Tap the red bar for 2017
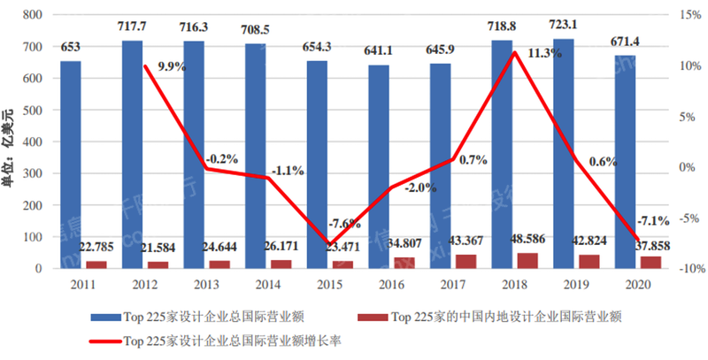point(466,261)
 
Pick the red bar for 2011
point(96,264)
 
